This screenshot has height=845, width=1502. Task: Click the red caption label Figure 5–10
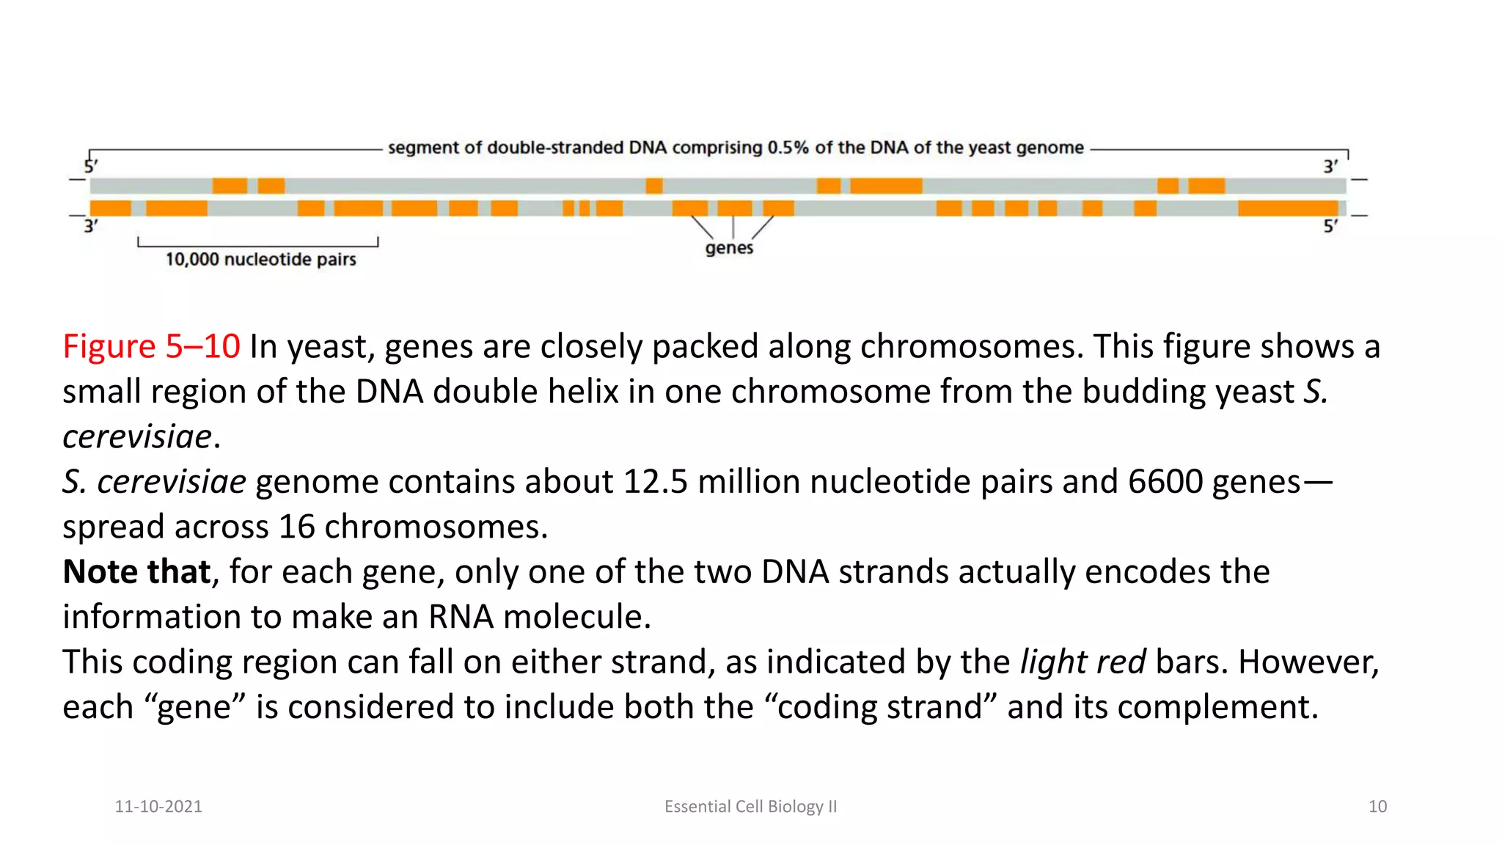(151, 346)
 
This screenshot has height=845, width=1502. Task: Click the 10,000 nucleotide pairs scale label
(260, 260)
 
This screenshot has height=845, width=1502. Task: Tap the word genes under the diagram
(729, 248)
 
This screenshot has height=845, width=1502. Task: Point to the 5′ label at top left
(91, 167)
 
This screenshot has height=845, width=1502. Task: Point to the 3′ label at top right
(1330, 167)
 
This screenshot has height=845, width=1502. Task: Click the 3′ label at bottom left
(90, 226)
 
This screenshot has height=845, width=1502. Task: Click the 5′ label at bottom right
(1330, 226)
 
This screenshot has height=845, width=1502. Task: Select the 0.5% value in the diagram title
(788, 148)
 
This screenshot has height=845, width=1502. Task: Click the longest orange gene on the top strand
(886, 186)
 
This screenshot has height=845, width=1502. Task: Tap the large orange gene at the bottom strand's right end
(1287, 208)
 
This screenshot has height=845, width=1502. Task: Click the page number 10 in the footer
(1377, 807)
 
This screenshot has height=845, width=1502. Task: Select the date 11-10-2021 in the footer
(158, 807)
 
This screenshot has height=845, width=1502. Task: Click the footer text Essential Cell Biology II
(750, 807)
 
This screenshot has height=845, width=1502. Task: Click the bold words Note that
(137, 572)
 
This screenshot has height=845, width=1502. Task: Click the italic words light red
(1082, 662)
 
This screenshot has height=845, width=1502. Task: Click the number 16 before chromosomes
(296, 527)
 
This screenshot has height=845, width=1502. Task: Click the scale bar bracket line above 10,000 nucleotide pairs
(258, 246)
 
